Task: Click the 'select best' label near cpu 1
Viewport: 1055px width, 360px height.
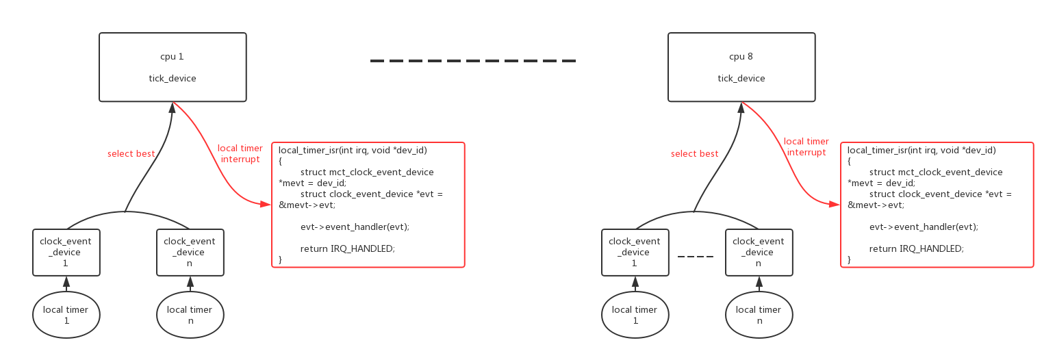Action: [131, 154]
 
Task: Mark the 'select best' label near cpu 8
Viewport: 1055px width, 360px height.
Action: [695, 154]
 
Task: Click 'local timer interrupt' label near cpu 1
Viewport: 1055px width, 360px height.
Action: [240, 154]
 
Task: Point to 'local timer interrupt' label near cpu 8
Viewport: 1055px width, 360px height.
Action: [806, 147]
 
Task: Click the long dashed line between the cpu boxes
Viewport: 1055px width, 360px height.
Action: [473, 61]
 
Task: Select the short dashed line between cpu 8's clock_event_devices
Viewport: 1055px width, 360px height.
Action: [696, 257]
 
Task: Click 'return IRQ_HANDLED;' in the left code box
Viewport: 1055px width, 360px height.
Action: [348, 248]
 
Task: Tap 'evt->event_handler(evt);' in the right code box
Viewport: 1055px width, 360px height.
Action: [924, 227]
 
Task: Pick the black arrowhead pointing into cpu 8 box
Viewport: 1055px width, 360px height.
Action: [741, 107]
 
